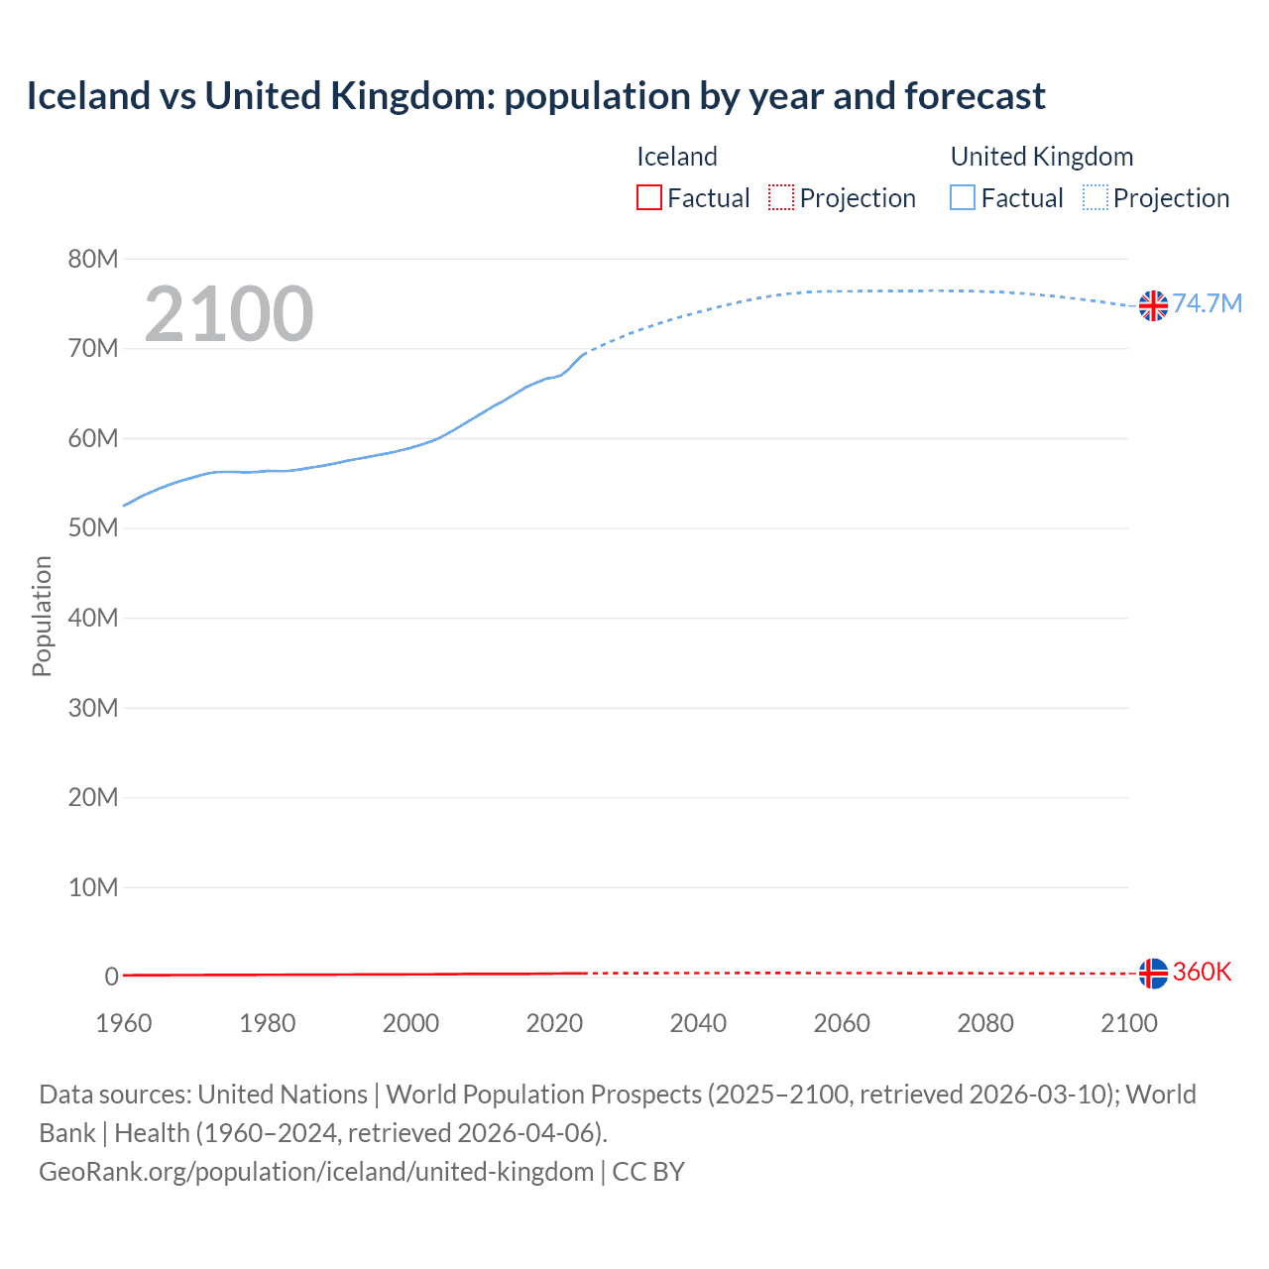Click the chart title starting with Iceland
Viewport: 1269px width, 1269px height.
point(535,96)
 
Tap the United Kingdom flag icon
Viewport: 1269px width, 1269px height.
point(1153,305)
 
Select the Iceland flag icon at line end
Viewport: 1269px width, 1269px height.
point(1153,974)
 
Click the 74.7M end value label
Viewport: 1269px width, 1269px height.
point(1207,303)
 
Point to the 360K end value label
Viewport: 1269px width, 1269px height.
point(1202,972)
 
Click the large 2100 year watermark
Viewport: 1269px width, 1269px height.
point(229,314)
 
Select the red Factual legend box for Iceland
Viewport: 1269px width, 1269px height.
point(649,198)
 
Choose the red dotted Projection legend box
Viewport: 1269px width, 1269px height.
point(781,198)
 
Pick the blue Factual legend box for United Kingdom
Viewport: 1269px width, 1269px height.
point(963,198)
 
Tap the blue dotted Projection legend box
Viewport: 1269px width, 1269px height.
point(1096,198)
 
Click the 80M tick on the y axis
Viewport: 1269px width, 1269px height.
point(93,260)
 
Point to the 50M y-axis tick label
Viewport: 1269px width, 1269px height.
point(93,528)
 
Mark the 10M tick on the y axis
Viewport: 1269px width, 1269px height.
point(93,887)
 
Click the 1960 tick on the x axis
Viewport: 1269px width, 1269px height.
point(124,1023)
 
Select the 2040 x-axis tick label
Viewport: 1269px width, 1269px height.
point(698,1023)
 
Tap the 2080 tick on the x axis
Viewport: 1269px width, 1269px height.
point(985,1023)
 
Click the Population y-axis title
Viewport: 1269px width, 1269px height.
point(42,617)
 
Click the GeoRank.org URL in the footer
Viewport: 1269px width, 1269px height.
point(316,1172)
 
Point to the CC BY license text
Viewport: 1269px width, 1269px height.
point(648,1172)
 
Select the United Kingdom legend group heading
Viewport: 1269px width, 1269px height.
point(1042,157)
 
